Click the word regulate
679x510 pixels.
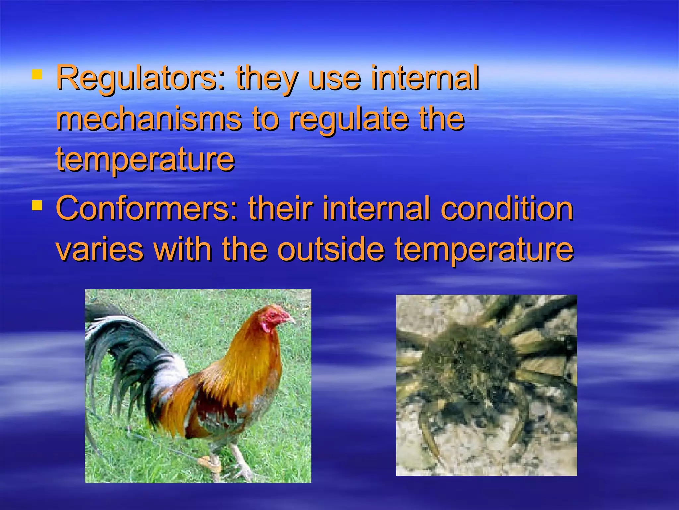coord(348,120)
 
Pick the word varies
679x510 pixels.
coord(100,250)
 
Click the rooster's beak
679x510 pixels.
coord(291,321)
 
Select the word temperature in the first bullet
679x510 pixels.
coord(145,160)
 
